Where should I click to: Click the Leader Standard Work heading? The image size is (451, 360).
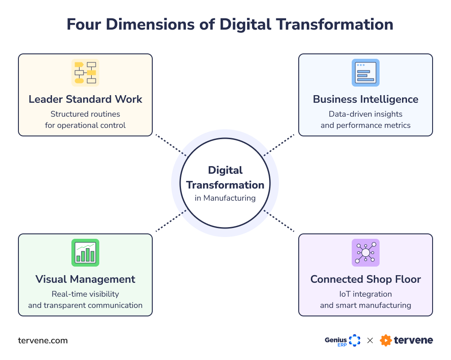pos(85,99)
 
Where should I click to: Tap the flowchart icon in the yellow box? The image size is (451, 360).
pos(85,73)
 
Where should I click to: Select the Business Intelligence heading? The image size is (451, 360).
pos(366,99)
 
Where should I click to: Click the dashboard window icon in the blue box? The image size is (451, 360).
pos(366,73)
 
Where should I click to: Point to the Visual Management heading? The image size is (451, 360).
pos(85,279)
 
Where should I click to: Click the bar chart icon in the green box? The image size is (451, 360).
pos(85,253)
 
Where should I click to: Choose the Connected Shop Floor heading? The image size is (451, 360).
pos(366,279)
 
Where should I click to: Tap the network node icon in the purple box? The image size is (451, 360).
pos(366,253)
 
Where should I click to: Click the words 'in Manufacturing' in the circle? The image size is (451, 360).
pos(225,198)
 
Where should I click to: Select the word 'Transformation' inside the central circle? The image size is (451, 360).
pos(225,185)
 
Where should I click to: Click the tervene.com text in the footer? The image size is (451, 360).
pos(43,341)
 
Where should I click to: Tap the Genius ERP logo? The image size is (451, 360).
pos(343,341)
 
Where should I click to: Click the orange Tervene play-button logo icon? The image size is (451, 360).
pos(385,341)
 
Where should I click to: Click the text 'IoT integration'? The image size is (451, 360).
pos(366,294)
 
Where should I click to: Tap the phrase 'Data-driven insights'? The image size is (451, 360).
pos(366,114)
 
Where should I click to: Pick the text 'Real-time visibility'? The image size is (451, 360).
pos(85,294)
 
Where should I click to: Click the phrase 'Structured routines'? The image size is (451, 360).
pos(85,114)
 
